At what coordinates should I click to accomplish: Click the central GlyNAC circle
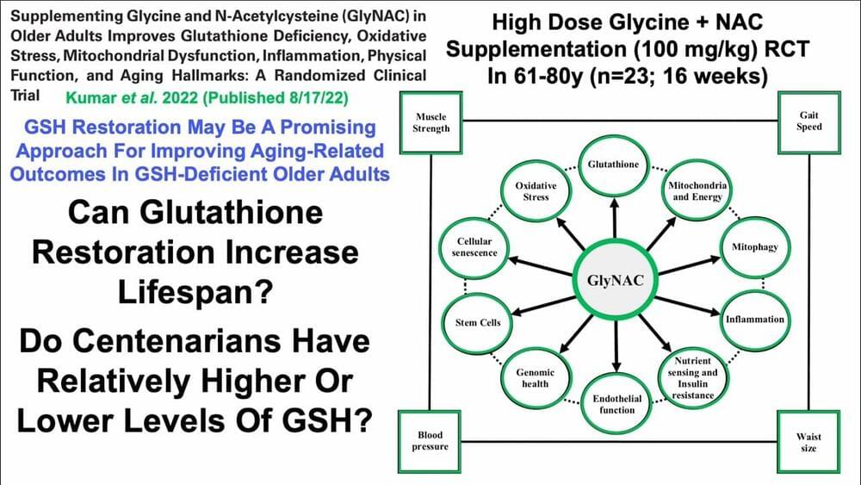(x=615, y=281)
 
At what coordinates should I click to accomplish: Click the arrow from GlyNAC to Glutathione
(x=615, y=219)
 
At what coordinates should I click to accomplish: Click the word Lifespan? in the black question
(x=195, y=292)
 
